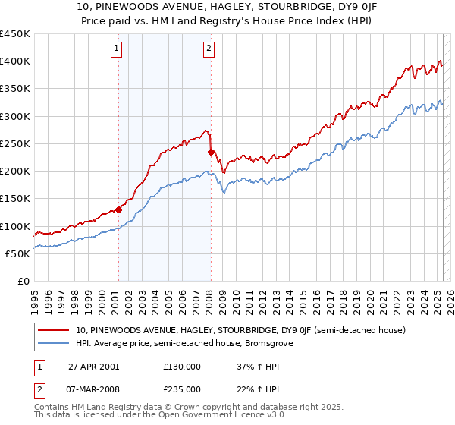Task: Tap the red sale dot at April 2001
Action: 118,210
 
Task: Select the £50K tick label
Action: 17,253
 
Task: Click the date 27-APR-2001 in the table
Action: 93,366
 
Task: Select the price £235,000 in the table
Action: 182,389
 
